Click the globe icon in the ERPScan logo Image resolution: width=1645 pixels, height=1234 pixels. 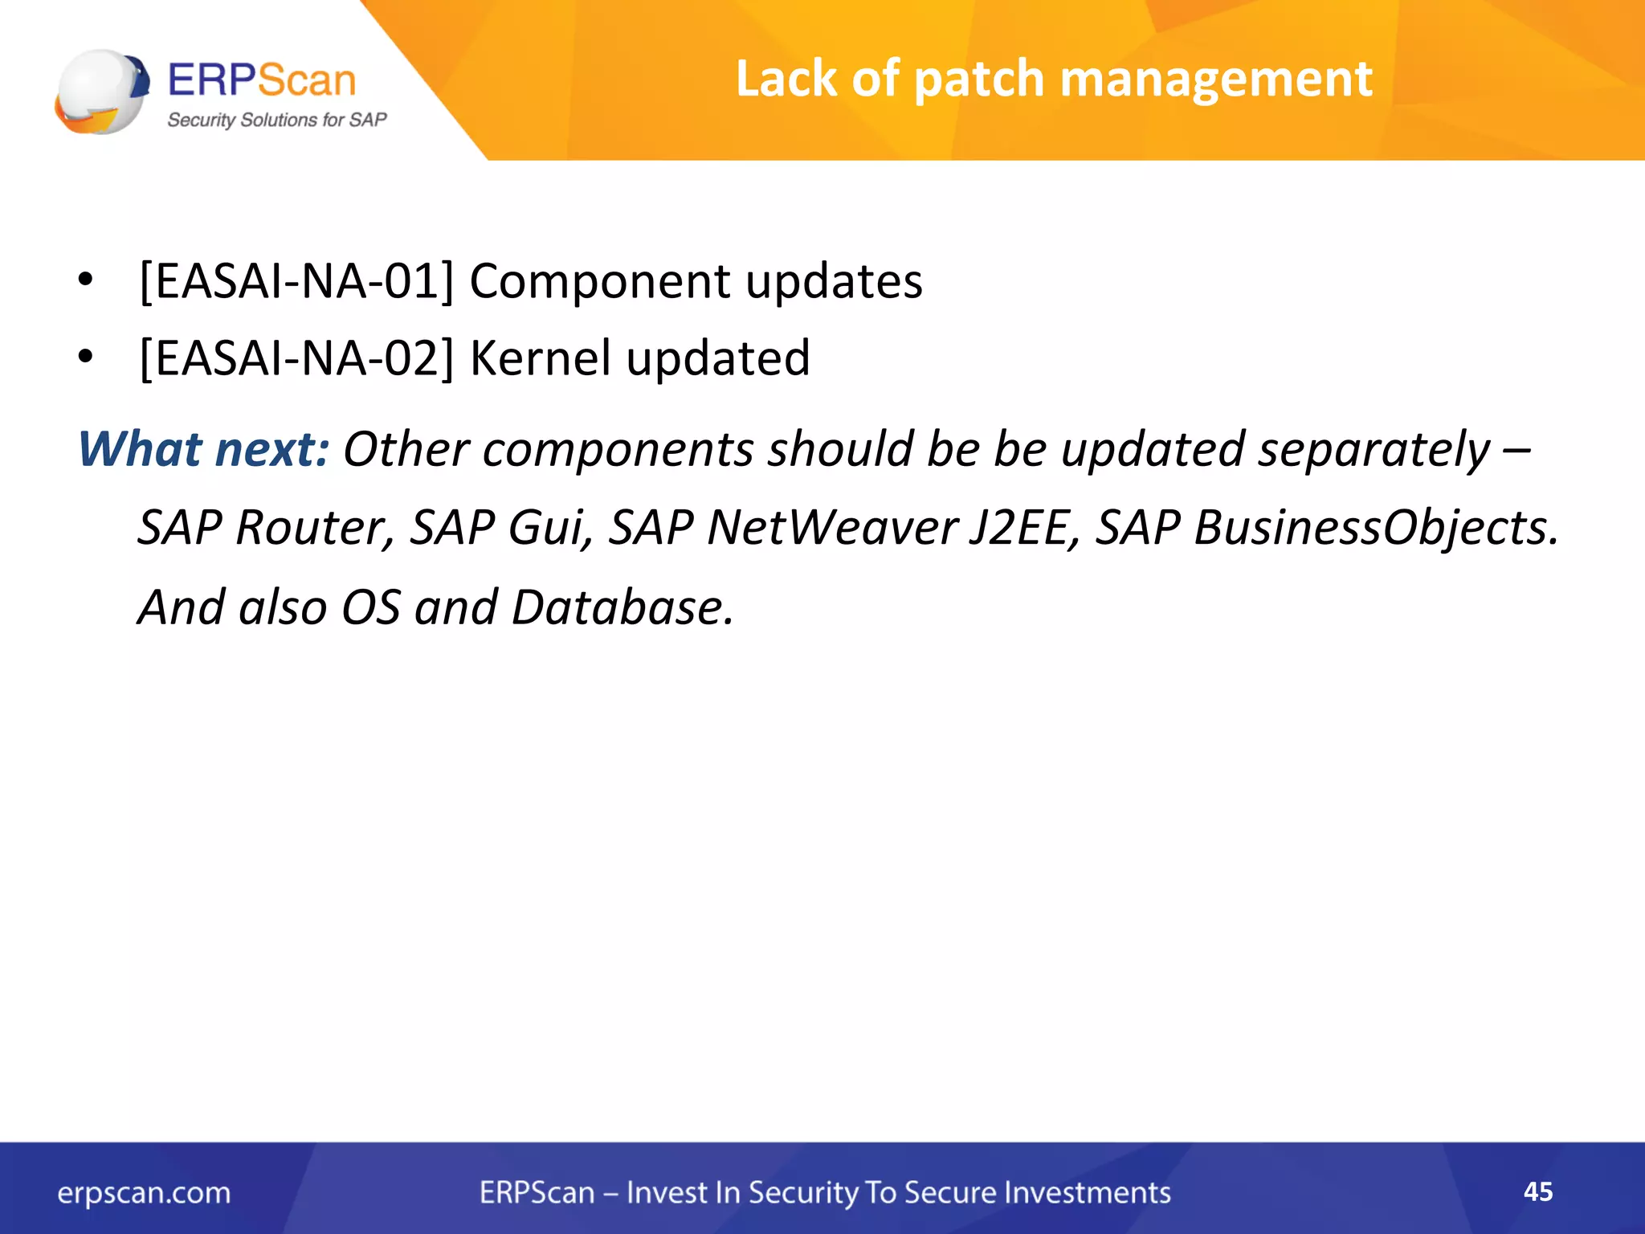(x=101, y=91)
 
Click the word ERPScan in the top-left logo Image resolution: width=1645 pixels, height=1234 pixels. (x=261, y=80)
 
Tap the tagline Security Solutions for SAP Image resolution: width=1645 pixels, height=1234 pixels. (x=276, y=121)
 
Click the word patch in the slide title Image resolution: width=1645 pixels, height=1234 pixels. (x=978, y=80)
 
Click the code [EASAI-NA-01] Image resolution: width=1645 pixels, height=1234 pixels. (x=296, y=282)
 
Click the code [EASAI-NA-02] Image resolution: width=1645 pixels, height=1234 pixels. (x=296, y=358)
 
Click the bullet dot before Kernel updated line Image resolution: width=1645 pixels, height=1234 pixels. (x=86, y=356)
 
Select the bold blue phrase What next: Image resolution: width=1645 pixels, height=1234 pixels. (x=203, y=449)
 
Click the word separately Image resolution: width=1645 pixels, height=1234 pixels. (x=1374, y=449)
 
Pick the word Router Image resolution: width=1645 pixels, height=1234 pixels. (x=314, y=529)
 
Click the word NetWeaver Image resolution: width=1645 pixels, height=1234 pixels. (x=832, y=529)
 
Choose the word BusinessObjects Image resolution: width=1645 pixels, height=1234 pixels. (x=1374, y=529)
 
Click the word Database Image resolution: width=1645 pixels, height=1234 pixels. (x=622, y=607)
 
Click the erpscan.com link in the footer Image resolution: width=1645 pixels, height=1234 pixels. (x=144, y=1193)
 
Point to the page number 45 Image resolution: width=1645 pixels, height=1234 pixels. (x=1537, y=1191)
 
